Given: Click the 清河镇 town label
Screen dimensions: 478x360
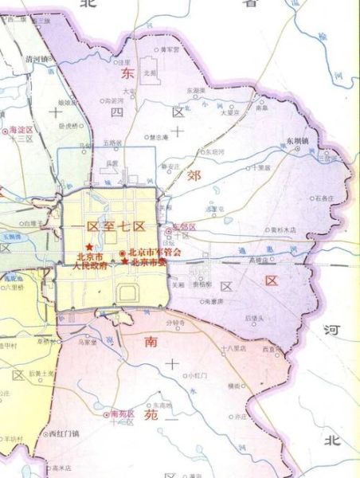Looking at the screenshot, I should [x=37, y=58].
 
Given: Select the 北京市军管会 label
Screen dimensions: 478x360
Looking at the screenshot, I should [x=155, y=253].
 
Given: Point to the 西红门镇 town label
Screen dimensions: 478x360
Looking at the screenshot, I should [x=63, y=435].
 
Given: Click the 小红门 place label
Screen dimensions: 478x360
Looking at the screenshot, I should [x=195, y=374].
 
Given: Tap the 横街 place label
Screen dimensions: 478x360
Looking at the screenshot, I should [x=233, y=385].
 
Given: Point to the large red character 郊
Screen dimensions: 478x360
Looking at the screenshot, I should [x=194, y=174].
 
